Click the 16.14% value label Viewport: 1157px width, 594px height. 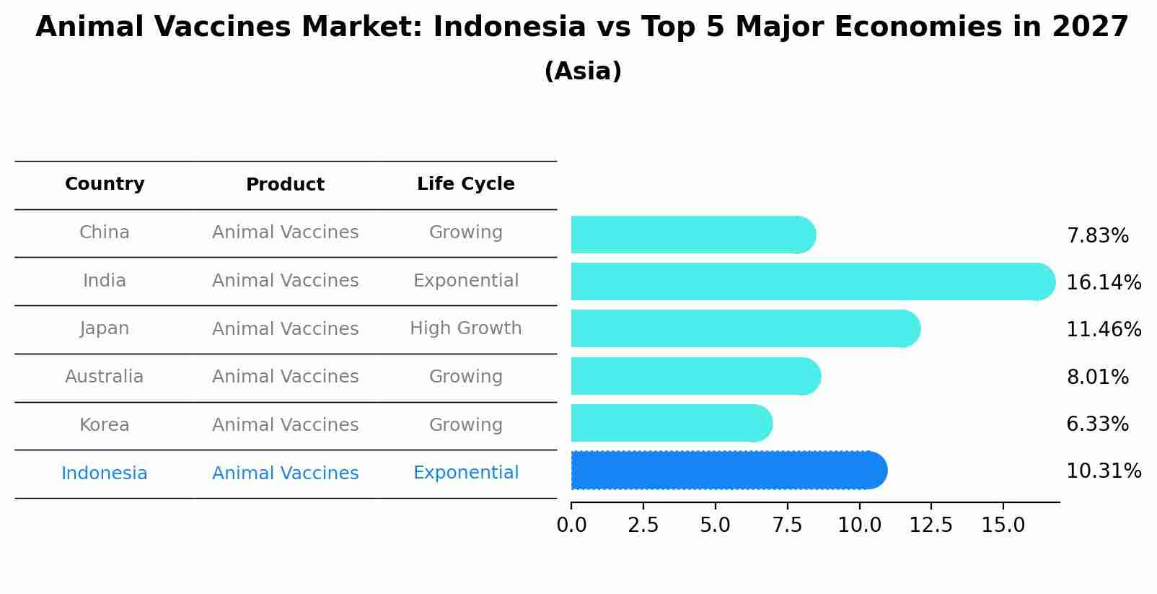point(1103,283)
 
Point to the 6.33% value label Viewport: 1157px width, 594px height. point(1097,424)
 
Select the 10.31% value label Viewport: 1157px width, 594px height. point(1103,471)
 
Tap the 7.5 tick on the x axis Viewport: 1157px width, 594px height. point(787,525)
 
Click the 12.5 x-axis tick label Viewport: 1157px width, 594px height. point(931,525)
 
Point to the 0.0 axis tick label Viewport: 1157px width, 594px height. point(571,525)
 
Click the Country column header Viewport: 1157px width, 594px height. point(105,184)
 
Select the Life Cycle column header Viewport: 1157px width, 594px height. point(466,184)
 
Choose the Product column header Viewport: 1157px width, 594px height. point(285,185)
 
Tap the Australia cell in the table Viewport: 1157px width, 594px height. point(105,377)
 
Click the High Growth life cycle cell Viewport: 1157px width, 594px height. point(466,328)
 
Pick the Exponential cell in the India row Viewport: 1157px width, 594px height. point(466,281)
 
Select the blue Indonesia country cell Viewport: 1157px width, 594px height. point(105,473)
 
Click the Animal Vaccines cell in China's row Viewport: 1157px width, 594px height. point(285,232)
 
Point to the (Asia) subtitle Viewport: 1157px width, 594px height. point(583,71)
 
